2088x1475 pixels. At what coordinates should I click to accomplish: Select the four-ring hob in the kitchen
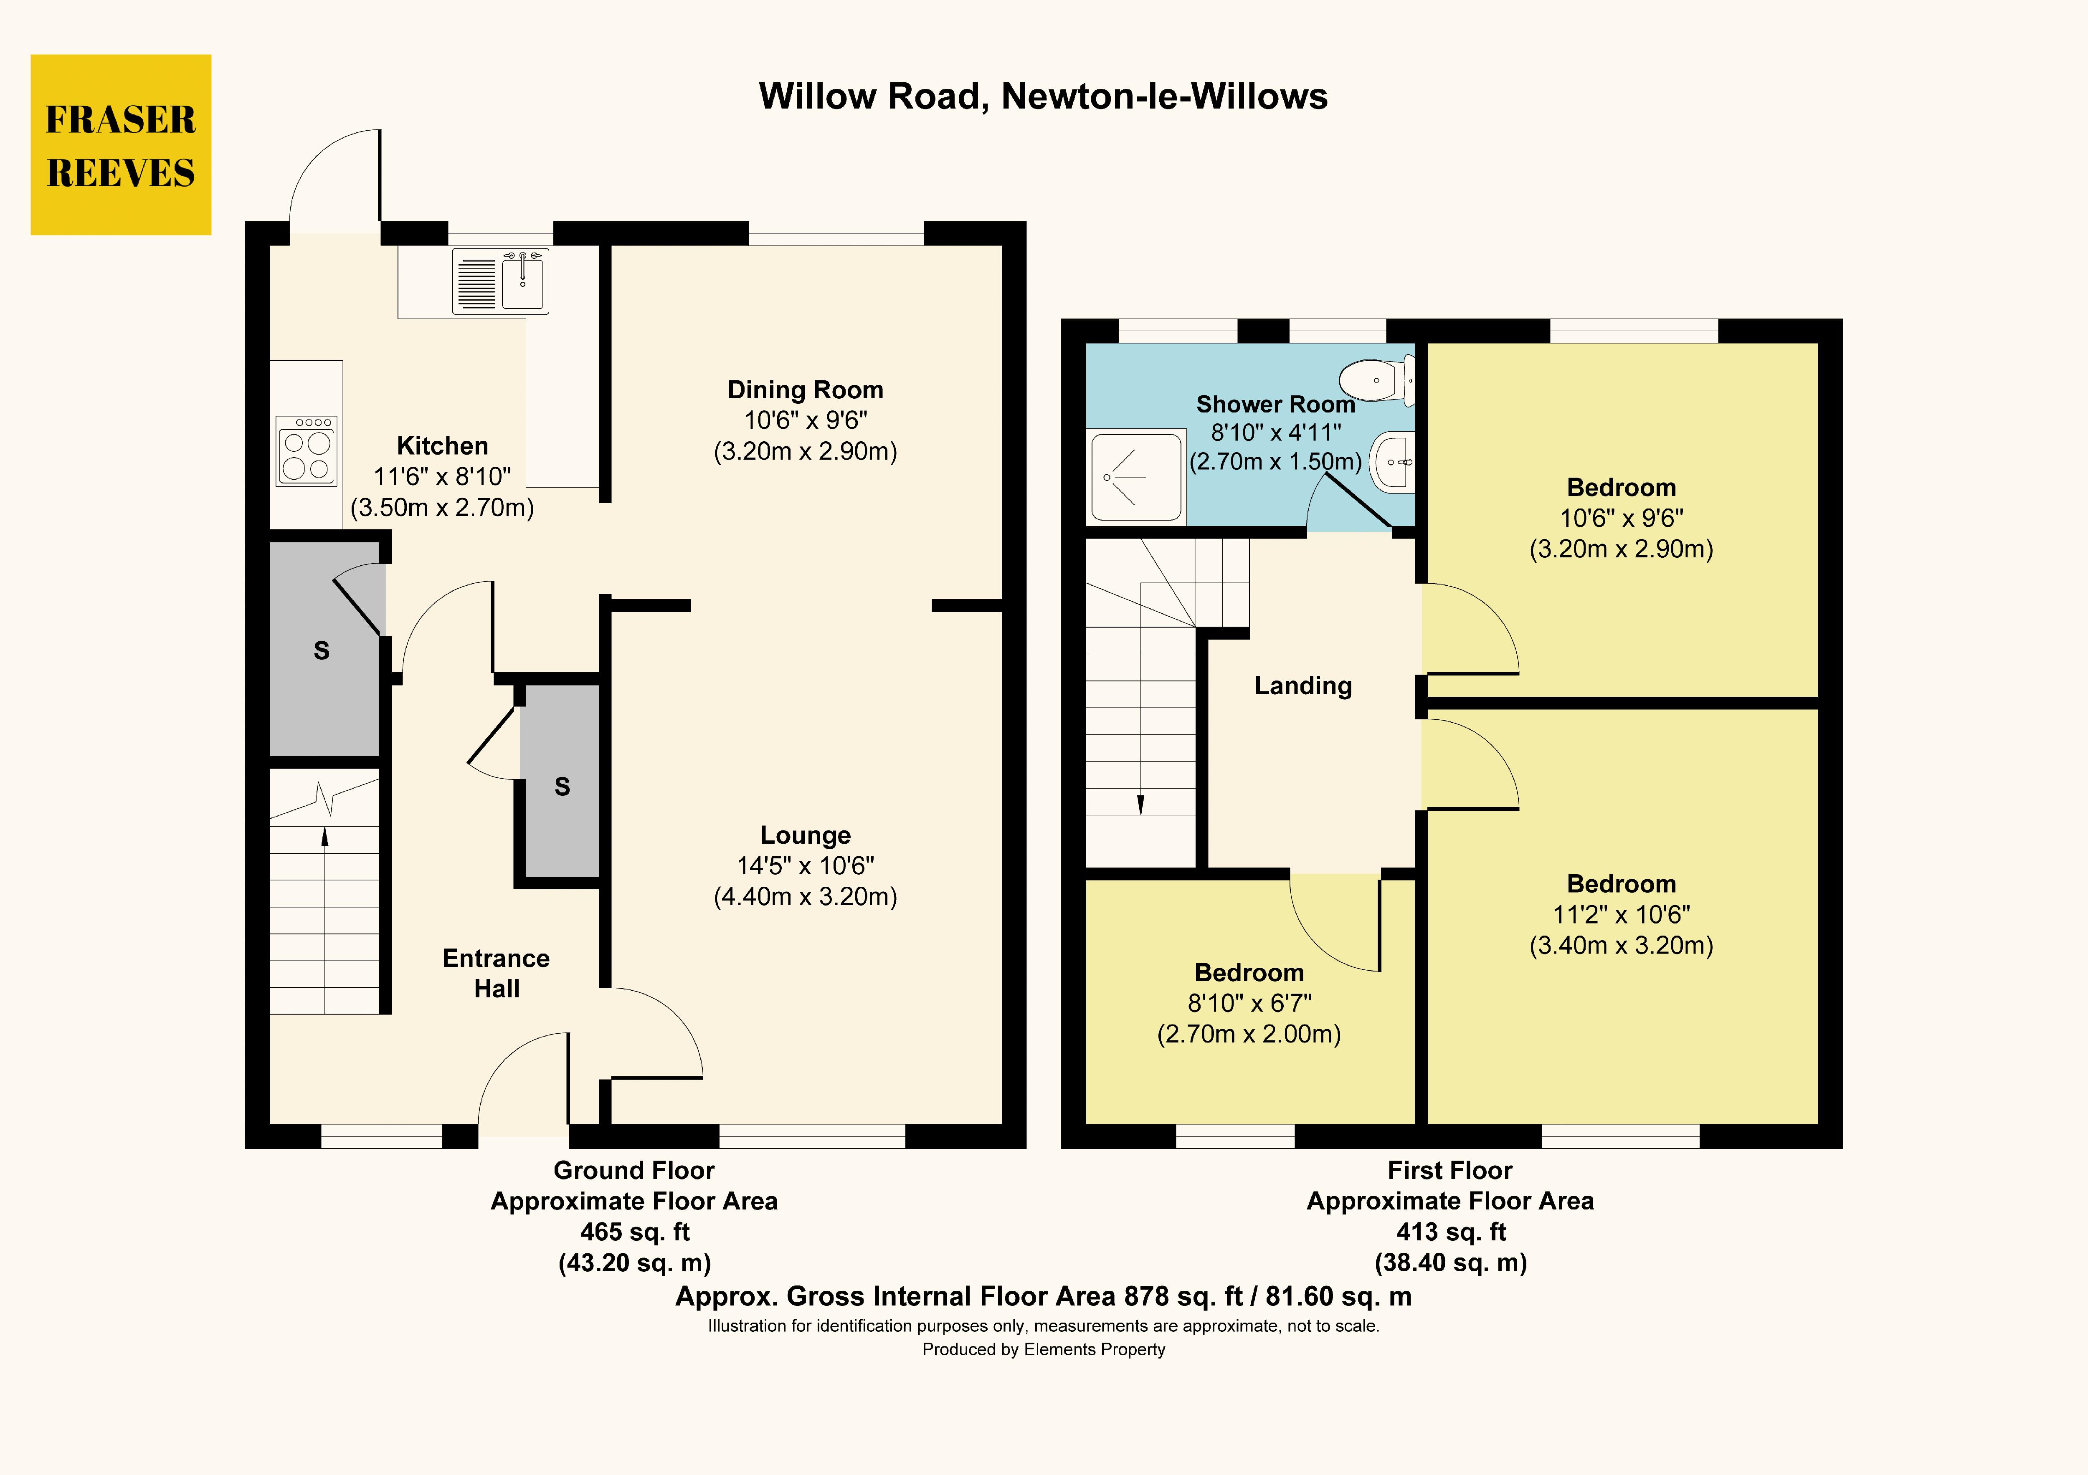pos(307,451)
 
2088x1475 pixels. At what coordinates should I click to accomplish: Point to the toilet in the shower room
pos(1378,380)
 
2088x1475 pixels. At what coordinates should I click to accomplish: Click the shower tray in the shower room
pos(1136,478)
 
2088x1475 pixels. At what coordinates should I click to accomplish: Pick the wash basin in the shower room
pos(1393,462)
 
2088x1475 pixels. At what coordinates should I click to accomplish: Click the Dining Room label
pos(805,390)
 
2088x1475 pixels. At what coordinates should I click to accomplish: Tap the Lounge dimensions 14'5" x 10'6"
pos(805,866)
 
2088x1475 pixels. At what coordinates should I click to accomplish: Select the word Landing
pos(1302,686)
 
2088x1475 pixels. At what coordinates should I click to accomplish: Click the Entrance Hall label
pos(496,973)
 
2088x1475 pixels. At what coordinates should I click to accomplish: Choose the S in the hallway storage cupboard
pos(562,787)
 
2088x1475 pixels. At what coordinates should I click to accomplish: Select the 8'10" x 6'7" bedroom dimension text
pos(1249,1003)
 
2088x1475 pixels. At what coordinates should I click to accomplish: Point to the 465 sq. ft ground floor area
pos(635,1232)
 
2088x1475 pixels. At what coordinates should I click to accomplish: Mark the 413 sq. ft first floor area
pos(1450,1232)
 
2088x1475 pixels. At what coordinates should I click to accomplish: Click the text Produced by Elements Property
pos(1043,1349)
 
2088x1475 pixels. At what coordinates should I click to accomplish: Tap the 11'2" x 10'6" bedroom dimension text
pos(1621,915)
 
